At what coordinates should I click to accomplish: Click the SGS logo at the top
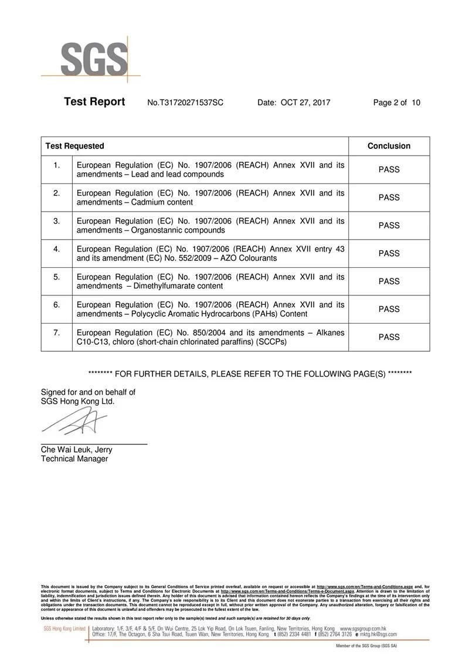[x=94, y=59]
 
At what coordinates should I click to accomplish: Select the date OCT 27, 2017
[x=305, y=103]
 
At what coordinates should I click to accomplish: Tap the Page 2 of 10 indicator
[x=396, y=103]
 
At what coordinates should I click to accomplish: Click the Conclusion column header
[x=389, y=146]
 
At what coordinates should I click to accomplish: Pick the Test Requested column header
[x=75, y=146]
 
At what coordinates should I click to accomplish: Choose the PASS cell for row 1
[x=389, y=169]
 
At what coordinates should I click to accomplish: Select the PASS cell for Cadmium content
[x=389, y=198]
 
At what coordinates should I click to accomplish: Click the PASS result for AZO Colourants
[x=389, y=253]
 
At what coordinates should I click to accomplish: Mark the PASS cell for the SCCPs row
[x=389, y=337]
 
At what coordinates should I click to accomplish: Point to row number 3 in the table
[x=57, y=221]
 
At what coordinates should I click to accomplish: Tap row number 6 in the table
[x=57, y=305]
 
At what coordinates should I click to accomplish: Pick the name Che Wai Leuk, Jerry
[x=76, y=450]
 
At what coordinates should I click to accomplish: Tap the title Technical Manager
[x=74, y=459]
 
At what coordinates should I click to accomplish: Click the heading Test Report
[x=94, y=102]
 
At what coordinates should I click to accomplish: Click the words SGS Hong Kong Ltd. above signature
[x=77, y=402]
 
